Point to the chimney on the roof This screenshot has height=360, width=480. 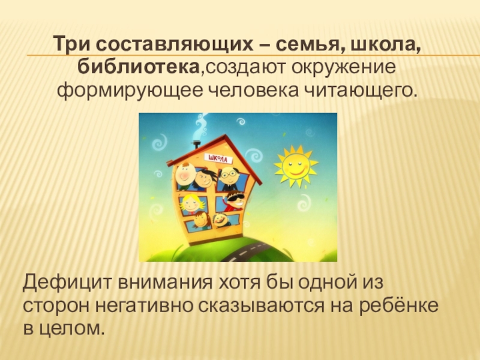pyautogui.click(x=196, y=146)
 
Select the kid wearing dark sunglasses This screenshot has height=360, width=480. pyautogui.click(x=233, y=200)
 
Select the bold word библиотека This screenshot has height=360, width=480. pyautogui.click(x=139, y=67)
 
